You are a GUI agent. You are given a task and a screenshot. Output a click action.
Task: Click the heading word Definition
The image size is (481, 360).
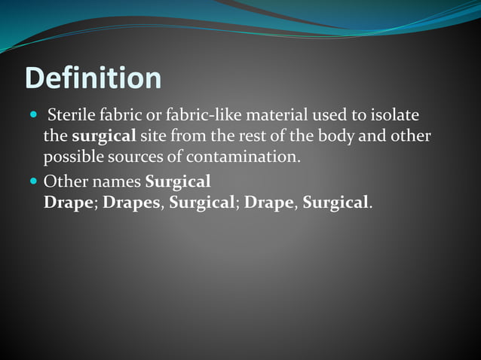(x=93, y=78)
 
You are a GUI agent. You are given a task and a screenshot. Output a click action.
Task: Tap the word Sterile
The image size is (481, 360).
(x=71, y=116)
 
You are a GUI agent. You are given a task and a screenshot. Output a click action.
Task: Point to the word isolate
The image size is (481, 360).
(x=394, y=116)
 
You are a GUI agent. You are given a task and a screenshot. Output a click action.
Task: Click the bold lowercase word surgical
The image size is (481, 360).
(x=104, y=137)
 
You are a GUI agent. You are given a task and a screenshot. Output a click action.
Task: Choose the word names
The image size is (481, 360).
(x=116, y=182)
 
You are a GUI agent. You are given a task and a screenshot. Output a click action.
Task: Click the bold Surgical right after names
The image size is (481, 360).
(x=178, y=183)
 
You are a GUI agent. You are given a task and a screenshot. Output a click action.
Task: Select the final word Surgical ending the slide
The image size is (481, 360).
(x=336, y=203)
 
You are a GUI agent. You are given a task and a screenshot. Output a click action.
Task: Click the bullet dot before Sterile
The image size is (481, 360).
(x=34, y=117)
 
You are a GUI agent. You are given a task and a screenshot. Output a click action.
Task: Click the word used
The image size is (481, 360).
(x=332, y=116)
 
